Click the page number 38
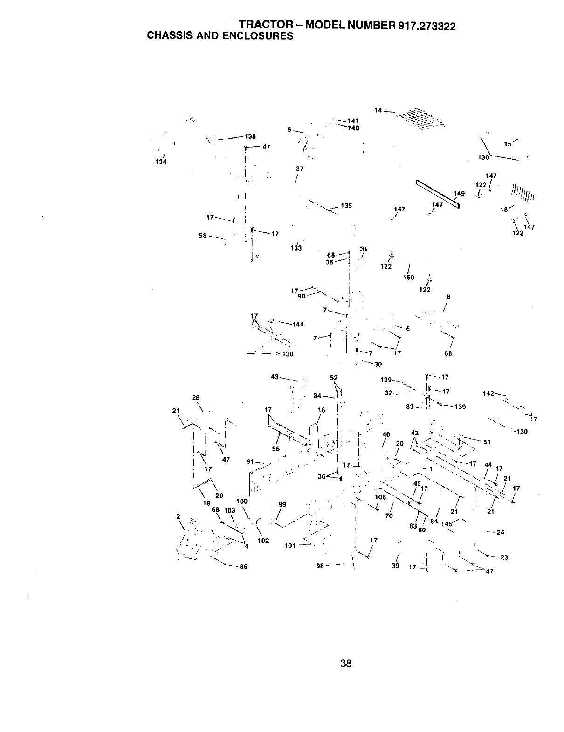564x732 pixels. [345, 663]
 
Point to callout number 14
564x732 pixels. [378, 110]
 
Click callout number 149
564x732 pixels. [459, 194]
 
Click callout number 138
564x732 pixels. [250, 136]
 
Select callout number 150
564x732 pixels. [408, 278]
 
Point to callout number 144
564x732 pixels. [298, 324]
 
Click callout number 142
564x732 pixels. [488, 393]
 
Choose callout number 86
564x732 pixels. [243, 567]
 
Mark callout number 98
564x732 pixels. [320, 566]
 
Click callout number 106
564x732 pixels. [380, 497]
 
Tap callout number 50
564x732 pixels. [487, 442]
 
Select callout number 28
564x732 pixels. [196, 397]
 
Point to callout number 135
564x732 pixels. [346, 206]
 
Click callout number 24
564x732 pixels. [501, 532]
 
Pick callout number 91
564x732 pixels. [250, 462]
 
